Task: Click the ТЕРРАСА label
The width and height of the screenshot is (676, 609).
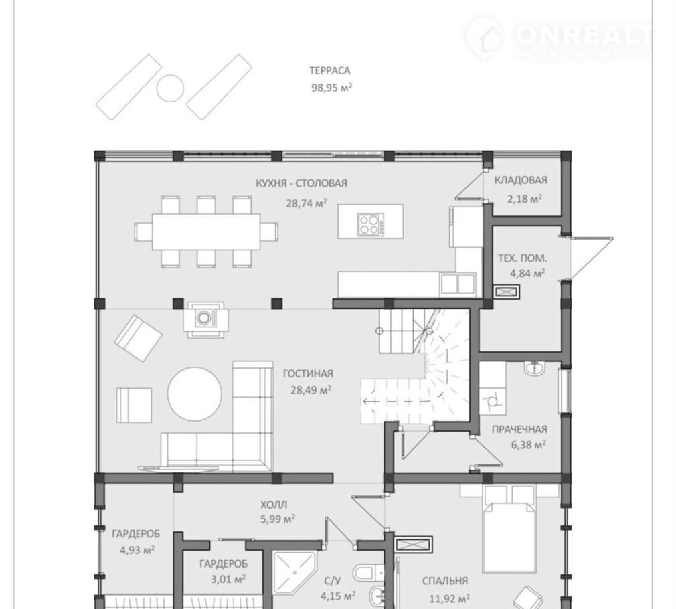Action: tap(330, 70)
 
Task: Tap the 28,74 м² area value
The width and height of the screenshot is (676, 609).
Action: tap(307, 203)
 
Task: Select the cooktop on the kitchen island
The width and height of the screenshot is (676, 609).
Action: tap(370, 224)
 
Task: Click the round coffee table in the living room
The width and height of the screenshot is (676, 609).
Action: tap(195, 394)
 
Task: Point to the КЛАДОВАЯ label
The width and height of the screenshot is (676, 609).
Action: tap(521, 180)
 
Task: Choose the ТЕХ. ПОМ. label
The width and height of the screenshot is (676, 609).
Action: tap(523, 258)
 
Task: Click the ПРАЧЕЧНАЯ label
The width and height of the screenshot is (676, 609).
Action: tap(519, 429)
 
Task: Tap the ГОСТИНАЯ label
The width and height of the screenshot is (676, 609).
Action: tap(309, 373)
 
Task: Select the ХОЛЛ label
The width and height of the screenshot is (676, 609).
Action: tap(274, 505)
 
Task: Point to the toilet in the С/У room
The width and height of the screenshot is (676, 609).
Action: tap(369, 573)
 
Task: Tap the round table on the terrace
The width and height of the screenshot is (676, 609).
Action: tap(170, 88)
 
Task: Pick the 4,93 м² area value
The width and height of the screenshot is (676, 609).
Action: tap(137, 550)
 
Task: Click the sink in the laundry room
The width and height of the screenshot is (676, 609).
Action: tap(535, 367)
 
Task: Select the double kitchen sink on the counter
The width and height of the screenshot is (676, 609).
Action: tap(457, 284)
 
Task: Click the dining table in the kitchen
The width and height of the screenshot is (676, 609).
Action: tap(206, 232)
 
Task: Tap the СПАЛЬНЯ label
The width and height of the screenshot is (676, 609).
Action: tap(445, 581)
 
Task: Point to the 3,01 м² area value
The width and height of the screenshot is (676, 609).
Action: tap(228, 580)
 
